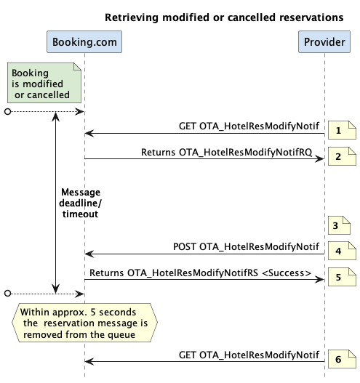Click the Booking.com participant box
point(84,41)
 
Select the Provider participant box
point(324,41)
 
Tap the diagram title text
point(224,17)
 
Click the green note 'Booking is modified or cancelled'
point(44,83)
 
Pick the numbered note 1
point(342,130)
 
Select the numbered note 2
point(342,156)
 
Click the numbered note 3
point(339,225)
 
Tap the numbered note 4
point(342,251)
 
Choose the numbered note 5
point(342,277)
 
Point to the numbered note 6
point(342,359)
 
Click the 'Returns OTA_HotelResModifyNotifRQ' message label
point(227,152)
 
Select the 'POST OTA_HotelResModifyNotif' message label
point(246,246)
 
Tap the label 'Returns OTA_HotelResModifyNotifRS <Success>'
point(201,273)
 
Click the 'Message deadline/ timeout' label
point(80,203)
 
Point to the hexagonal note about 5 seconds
point(84,323)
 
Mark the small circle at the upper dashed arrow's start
point(7,112)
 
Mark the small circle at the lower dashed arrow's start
point(7,294)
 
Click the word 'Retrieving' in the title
point(132,17)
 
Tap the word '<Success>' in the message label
point(287,273)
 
